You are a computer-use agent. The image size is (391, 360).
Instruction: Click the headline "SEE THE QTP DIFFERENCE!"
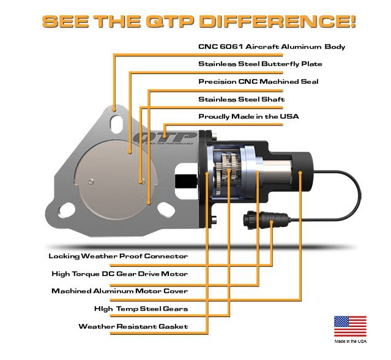(199, 21)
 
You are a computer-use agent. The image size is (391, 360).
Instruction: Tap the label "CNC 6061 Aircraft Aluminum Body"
(272, 47)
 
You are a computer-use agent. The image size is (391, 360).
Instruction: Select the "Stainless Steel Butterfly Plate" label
(260, 64)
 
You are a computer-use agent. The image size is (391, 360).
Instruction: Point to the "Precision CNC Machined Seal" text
(258, 81)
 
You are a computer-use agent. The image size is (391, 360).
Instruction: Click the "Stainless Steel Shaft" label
(241, 99)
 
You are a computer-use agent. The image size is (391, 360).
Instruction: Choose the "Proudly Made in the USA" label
(248, 116)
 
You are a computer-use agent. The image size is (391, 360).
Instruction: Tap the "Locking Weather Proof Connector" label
(118, 256)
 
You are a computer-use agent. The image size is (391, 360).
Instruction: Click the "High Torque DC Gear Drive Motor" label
(120, 274)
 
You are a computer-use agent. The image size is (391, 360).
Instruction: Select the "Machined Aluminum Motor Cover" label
(120, 291)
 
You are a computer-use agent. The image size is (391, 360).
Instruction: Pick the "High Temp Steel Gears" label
(141, 309)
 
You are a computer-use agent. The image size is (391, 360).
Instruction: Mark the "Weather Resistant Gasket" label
(133, 326)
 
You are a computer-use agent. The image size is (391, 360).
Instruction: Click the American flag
(351, 326)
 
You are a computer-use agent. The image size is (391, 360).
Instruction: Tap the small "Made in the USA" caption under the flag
(351, 341)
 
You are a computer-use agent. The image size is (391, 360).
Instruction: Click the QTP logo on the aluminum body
(165, 138)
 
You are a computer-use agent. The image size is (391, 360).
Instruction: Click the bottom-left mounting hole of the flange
(66, 210)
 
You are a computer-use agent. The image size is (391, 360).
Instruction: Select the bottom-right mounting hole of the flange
(166, 209)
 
